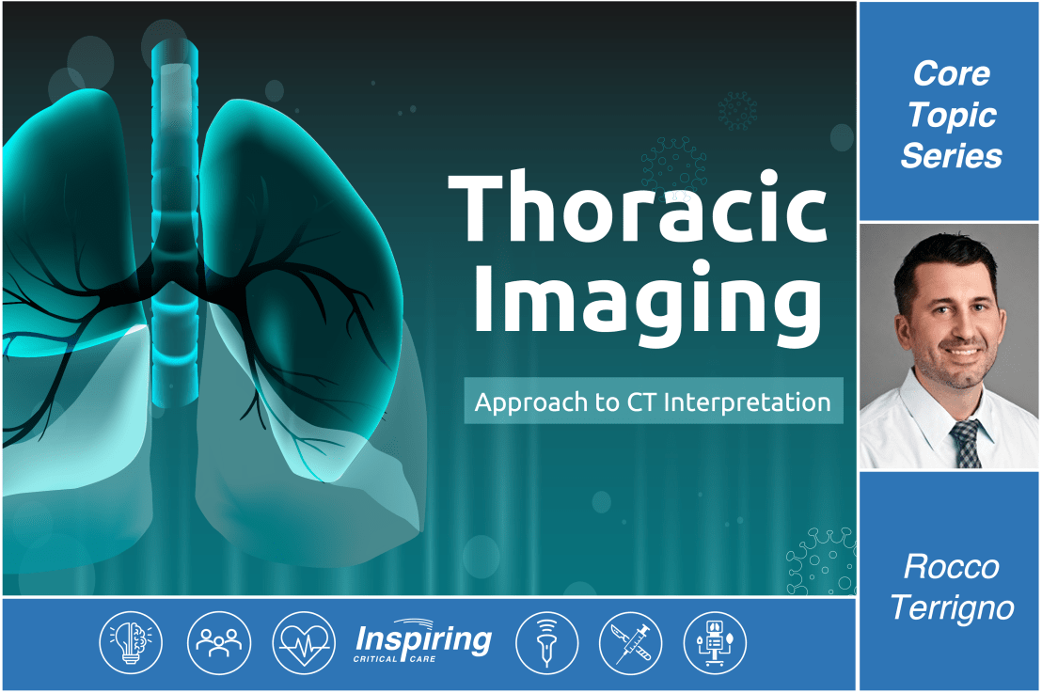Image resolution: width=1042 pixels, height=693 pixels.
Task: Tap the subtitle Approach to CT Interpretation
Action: coord(653,402)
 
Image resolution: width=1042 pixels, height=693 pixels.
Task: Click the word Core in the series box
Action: coord(951,72)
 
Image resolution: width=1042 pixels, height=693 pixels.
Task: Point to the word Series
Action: coord(951,155)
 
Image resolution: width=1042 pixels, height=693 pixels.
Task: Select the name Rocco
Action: coord(951,567)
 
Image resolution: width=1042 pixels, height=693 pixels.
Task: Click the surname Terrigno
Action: coord(951,608)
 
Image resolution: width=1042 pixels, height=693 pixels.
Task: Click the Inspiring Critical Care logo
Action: coord(423,643)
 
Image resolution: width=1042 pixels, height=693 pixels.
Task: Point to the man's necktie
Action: coord(964,441)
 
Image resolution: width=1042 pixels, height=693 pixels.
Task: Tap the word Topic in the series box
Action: coord(951,114)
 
